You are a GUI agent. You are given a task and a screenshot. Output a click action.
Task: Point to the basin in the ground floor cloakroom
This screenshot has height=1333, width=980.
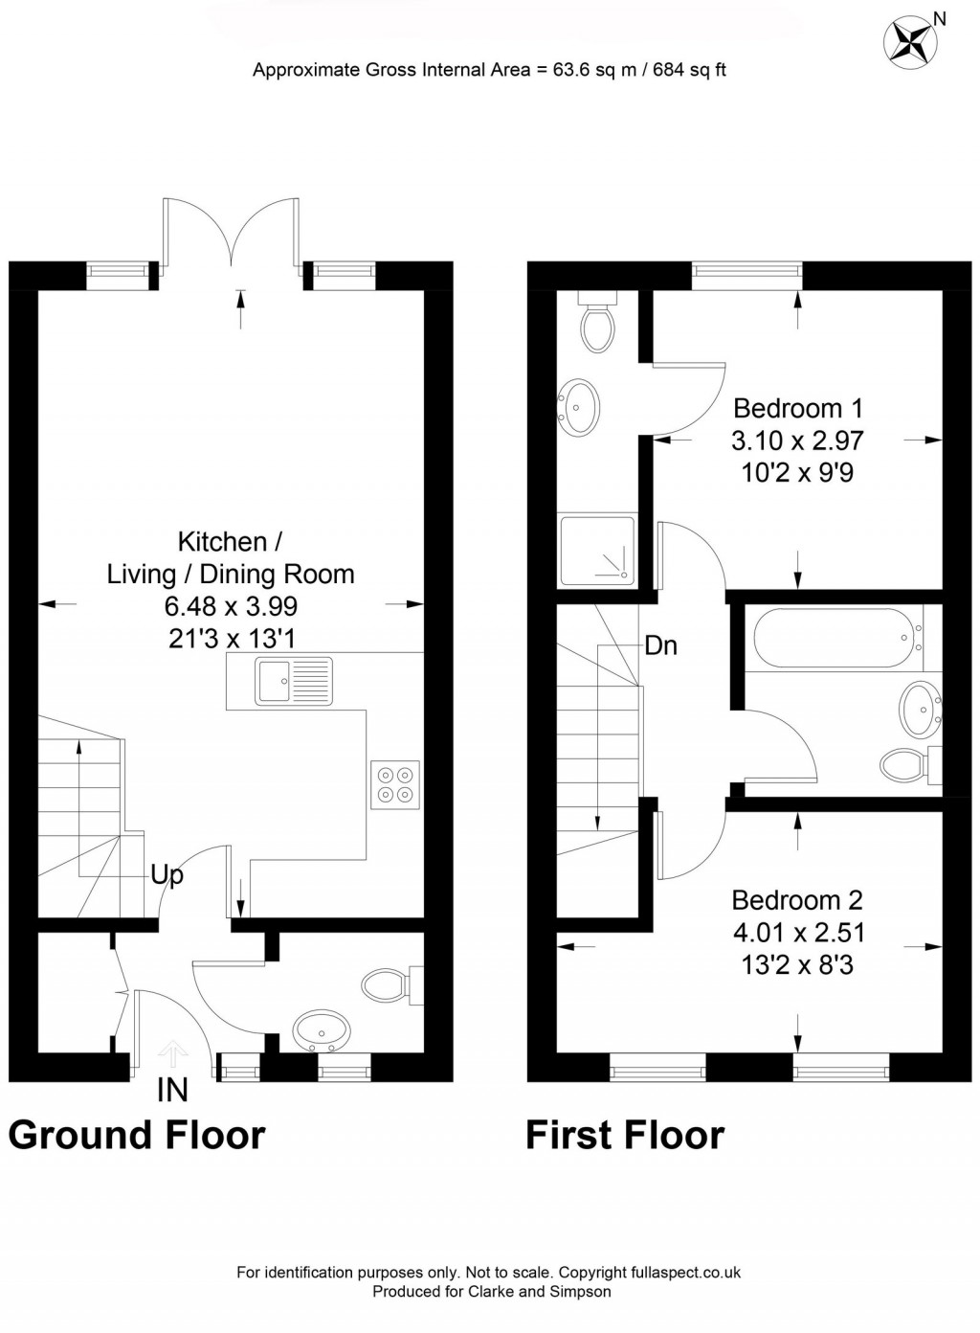pos(322,1031)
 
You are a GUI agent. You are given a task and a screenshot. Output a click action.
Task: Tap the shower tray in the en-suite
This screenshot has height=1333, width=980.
pos(597,551)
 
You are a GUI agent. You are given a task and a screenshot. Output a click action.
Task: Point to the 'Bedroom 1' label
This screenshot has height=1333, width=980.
pos(797,409)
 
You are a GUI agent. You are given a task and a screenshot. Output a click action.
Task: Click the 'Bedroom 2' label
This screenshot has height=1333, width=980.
pos(796,900)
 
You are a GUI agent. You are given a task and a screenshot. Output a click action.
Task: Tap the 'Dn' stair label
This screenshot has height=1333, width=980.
pos(660,646)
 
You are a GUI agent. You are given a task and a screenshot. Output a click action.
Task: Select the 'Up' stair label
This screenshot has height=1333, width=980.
pos(167,875)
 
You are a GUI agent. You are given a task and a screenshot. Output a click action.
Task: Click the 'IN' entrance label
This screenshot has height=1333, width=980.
pos(172,1091)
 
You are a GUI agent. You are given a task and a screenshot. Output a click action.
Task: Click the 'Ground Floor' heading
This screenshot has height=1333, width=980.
pos(136,1135)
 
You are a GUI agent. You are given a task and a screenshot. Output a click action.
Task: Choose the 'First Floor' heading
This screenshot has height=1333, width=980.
pos(624,1135)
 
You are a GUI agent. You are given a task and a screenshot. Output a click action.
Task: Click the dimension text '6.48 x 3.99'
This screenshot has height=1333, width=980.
pos(231,606)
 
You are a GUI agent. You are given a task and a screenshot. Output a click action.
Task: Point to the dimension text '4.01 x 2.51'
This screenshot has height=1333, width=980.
pos(797,933)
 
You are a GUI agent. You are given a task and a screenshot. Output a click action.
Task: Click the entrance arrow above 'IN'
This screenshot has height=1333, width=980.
pos(172,1053)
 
